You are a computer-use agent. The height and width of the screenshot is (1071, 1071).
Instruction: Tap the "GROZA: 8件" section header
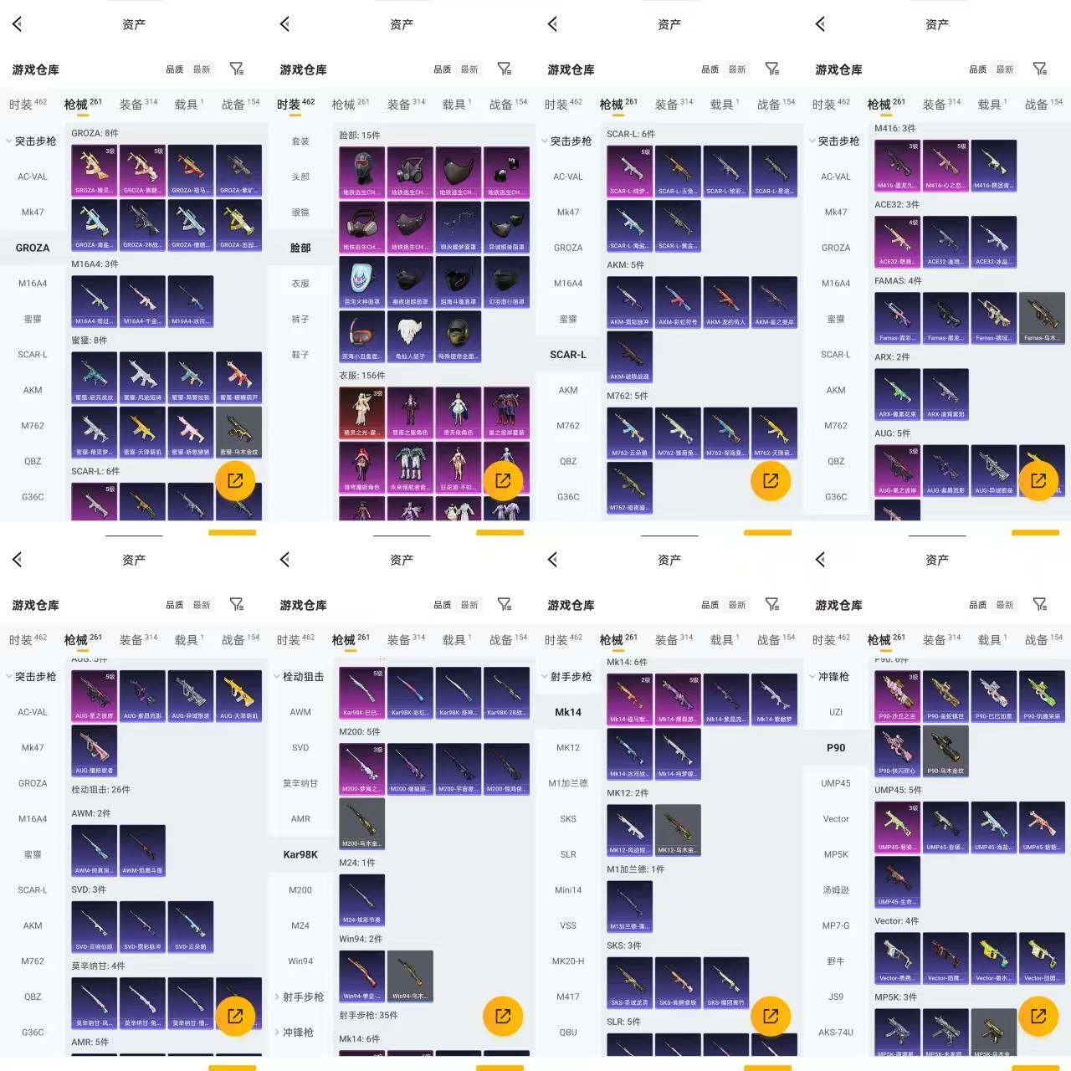(95, 133)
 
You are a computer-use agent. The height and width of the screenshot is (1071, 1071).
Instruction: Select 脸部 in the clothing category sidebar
(300, 248)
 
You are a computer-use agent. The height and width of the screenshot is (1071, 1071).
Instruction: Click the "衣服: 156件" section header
(361, 376)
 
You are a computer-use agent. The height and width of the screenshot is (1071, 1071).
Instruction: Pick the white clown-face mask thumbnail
(361, 281)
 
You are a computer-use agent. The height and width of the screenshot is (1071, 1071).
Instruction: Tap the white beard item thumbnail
(410, 336)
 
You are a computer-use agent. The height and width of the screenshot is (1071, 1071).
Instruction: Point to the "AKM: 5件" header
(625, 265)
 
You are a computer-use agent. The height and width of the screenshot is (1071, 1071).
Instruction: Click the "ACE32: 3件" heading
(896, 204)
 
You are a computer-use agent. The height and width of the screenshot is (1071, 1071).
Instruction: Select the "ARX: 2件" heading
(892, 357)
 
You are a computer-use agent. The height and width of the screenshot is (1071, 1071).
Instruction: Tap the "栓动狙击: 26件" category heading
(100, 789)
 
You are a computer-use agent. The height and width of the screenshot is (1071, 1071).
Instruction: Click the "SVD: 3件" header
(89, 889)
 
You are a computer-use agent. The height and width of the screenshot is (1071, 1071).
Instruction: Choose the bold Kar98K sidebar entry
(300, 854)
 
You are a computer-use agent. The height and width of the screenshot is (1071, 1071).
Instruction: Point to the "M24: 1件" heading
(356, 863)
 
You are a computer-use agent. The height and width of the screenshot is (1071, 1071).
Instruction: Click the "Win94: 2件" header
(360, 939)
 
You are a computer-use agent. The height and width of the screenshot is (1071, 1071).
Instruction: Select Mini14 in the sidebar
(568, 889)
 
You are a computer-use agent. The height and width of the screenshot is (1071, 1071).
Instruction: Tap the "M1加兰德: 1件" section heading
(635, 869)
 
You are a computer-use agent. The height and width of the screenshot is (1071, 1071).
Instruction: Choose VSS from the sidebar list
(568, 925)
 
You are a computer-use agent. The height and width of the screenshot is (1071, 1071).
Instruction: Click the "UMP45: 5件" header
(898, 790)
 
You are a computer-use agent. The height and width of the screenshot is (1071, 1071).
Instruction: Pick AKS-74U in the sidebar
(836, 1032)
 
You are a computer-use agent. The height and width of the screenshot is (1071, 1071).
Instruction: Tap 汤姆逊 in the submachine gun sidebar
(836, 889)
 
